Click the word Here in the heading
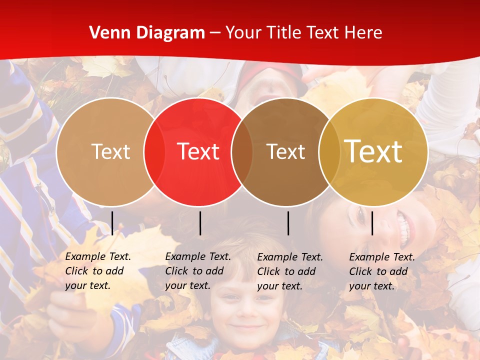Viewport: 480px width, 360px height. (x=363, y=33)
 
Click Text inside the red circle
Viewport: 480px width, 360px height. (x=198, y=151)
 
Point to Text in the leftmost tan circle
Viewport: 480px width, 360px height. (x=110, y=151)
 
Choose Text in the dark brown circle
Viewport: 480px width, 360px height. (x=285, y=151)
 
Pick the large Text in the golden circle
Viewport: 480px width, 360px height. (x=373, y=151)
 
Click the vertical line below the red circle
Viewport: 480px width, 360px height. (x=200, y=223)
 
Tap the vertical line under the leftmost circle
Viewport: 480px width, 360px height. (x=112, y=223)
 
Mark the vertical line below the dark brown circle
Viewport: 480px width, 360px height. (x=288, y=223)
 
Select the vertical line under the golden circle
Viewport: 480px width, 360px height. (x=372, y=223)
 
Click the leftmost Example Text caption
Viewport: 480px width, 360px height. (x=98, y=271)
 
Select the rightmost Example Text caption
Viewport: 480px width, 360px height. (x=382, y=271)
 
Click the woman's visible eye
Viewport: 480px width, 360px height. (x=361, y=216)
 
